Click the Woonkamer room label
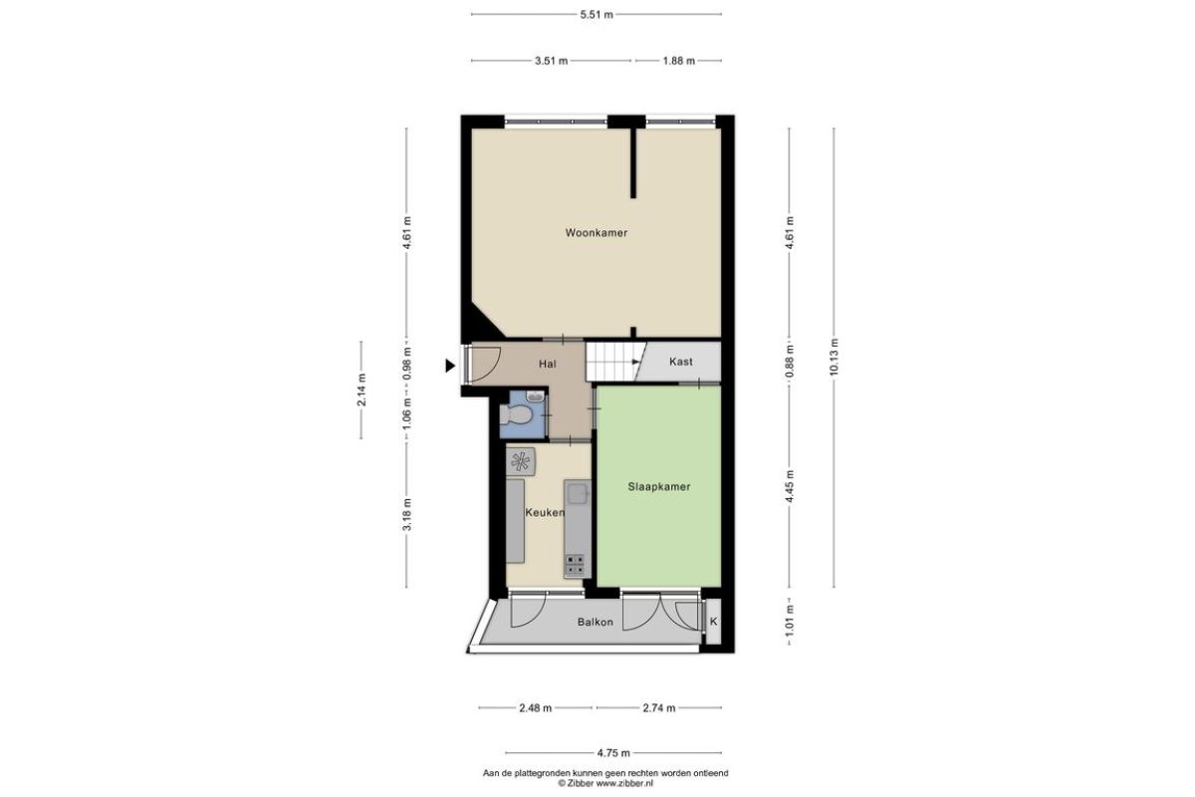[596, 233]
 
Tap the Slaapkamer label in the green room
[659, 486]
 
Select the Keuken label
[545, 512]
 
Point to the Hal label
[548, 364]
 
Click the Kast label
[681, 362]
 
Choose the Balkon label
[595, 622]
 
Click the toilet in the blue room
[516, 414]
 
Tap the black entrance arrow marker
[450, 366]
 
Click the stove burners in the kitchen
[576, 565]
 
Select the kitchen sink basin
[578, 494]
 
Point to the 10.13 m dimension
[835, 357]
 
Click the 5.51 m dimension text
[597, 14]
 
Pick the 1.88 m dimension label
[678, 61]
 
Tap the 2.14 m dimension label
[361, 390]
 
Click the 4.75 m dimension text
[613, 753]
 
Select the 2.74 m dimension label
[659, 708]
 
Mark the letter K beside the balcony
[713, 622]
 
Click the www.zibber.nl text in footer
[624, 784]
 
